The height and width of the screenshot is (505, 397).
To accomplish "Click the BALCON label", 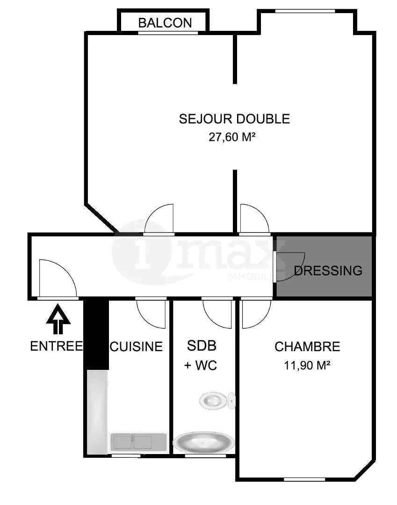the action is click(x=165, y=23).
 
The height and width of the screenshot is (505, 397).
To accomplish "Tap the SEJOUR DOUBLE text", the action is click(x=234, y=119).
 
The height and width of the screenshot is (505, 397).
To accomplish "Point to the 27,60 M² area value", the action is click(x=232, y=137).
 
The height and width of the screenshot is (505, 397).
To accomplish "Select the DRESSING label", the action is click(x=328, y=271).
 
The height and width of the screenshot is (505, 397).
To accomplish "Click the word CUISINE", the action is click(x=136, y=346).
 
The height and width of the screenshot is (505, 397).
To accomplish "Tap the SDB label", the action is click(x=202, y=346).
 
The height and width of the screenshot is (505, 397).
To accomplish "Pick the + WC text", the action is click(x=201, y=366).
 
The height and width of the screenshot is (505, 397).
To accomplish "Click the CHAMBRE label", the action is click(x=307, y=346).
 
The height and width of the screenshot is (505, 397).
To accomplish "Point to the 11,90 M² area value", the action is click(x=307, y=366).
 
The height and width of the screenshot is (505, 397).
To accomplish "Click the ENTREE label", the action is click(x=56, y=346).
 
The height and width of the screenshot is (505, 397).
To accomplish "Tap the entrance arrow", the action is click(x=58, y=319).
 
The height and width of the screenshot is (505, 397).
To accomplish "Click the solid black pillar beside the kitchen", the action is click(x=96, y=334).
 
